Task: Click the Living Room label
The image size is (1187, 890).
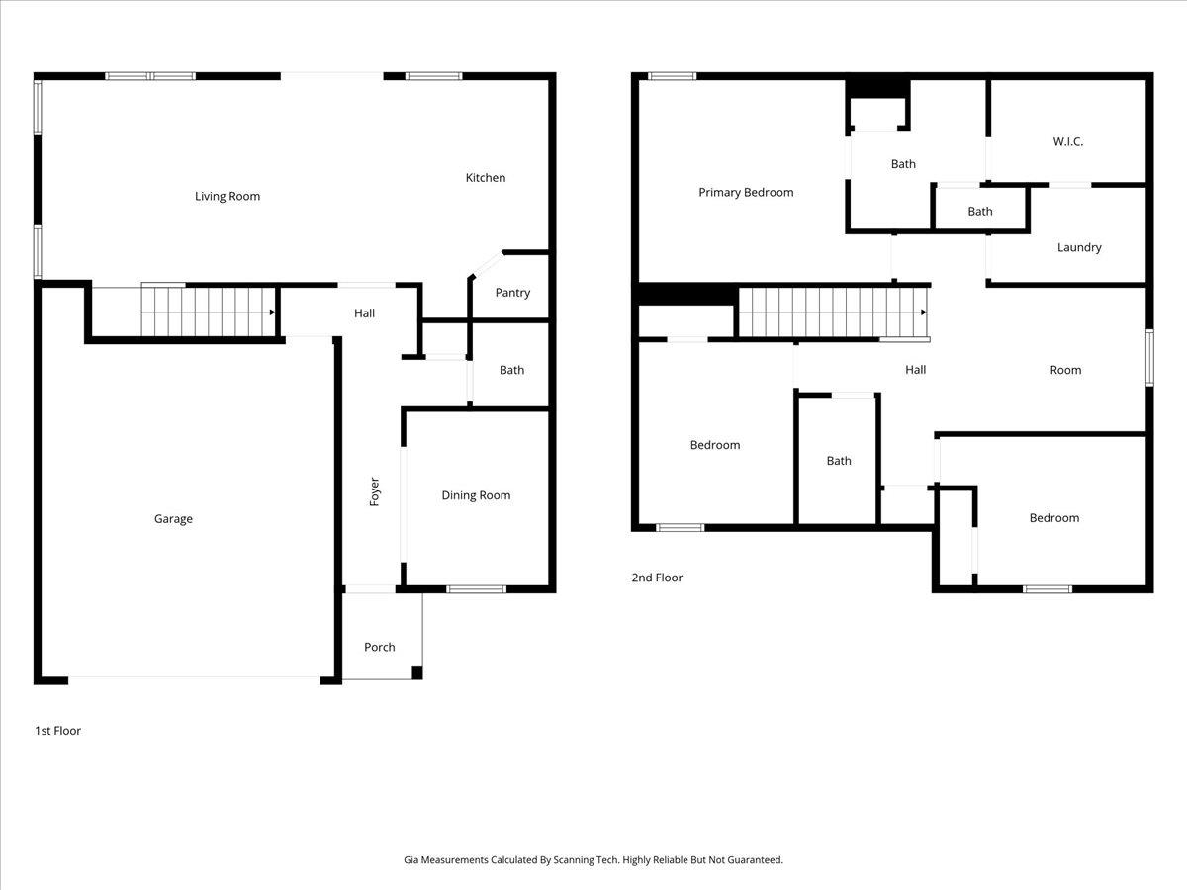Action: coord(228,196)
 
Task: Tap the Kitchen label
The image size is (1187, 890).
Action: coord(486,178)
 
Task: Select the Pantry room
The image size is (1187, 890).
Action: coord(512,292)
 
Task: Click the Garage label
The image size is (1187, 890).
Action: coord(173,518)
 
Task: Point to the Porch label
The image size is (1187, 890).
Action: coord(379,647)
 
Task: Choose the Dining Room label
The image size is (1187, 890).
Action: coord(476,495)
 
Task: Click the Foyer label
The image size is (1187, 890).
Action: coord(375,491)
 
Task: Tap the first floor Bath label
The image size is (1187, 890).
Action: coord(511,370)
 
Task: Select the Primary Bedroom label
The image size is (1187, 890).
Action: coord(746,192)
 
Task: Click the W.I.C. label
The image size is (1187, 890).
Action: coord(1067,141)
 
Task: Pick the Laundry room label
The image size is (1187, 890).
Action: coord(1079,247)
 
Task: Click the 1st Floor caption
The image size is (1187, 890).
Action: coord(57,731)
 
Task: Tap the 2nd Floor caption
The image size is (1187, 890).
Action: coord(657,578)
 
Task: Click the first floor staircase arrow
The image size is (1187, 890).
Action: coord(271,311)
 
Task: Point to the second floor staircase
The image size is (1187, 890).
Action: coord(832,312)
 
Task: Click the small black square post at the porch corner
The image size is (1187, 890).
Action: coord(416,672)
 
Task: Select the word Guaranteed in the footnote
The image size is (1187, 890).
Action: coord(752,860)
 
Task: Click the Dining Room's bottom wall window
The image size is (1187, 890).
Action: coord(476,589)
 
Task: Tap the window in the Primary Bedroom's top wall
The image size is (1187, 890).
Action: coord(672,76)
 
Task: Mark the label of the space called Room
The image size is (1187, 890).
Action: coord(1065,370)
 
